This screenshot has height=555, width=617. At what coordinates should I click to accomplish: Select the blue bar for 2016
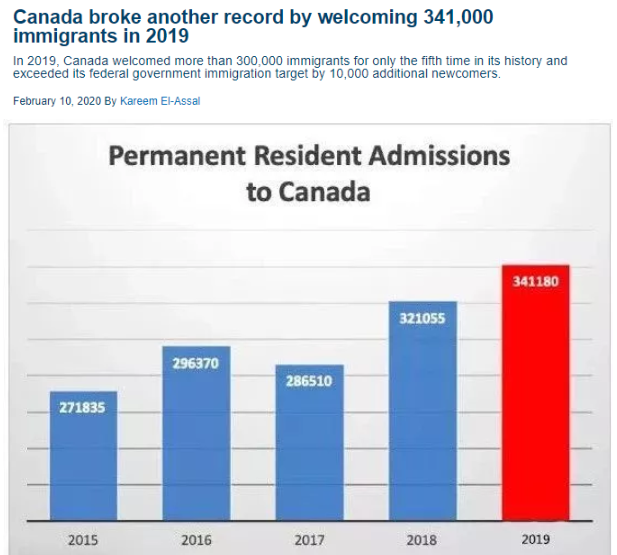(x=196, y=440)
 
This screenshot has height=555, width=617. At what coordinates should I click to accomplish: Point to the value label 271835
(x=83, y=408)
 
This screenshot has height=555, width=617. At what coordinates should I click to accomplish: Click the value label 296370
(x=196, y=363)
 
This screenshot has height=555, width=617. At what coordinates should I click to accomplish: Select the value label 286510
(x=309, y=381)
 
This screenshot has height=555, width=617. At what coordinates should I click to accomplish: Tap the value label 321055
(x=422, y=319)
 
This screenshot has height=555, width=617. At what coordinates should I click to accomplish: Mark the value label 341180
(x=536, y=281)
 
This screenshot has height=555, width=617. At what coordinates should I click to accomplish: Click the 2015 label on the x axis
(x=83, y=540)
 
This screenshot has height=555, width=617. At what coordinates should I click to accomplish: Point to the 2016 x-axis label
(x=196, y=540)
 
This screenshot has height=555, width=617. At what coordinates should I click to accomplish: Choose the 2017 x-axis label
(x=309, y=540)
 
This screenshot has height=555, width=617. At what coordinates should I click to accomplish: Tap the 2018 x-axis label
(x=422, y=540)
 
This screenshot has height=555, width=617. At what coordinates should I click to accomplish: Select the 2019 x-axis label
(x=536, y=540)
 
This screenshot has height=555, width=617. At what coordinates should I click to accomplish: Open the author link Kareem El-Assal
(x=160, y=100)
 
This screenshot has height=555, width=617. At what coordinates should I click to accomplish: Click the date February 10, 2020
(x=55, y=100)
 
